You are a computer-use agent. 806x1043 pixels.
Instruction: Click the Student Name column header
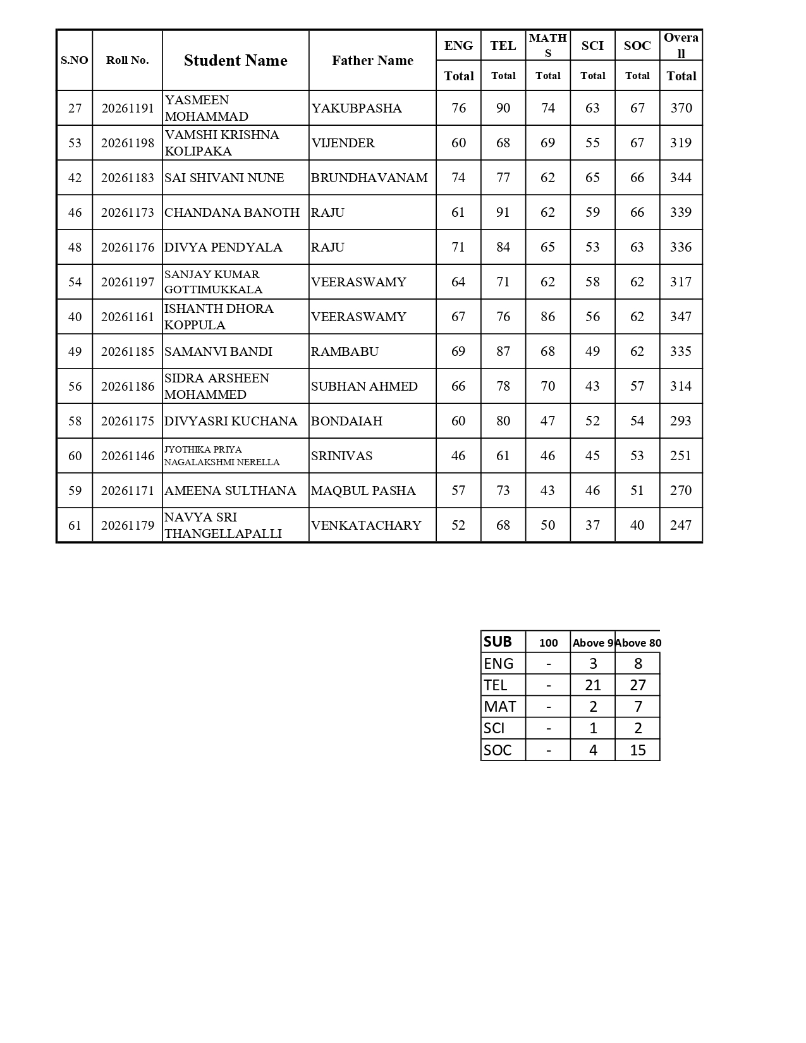click(x=235, y=61)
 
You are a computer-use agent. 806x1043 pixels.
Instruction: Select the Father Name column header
click(x=372, y=61)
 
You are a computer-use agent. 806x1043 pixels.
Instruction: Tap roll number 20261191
click(x=128, y=108)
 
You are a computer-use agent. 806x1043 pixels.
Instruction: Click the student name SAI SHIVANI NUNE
click(x=224, y=178)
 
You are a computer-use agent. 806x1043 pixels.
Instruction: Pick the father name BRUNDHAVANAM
click(x=369, y=178)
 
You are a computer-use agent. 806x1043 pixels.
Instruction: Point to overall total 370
click(x=681, y=108)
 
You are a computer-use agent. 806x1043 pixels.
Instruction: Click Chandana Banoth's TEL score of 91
click(x=503, y=212)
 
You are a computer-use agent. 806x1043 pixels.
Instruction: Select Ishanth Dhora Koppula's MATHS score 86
click(x=547, y=317)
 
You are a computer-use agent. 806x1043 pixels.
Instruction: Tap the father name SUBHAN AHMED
click(x=364, y=386)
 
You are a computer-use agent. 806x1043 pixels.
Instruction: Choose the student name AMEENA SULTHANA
click(x=230, y=491)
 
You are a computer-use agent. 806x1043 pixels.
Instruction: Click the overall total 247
click(x=681, y=525)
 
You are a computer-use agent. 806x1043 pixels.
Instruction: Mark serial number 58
click(x=75, y=421)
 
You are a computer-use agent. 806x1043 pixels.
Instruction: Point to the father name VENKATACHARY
click(x=366, y=525)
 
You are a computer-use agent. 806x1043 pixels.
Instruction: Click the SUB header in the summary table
click(x=498, y=642)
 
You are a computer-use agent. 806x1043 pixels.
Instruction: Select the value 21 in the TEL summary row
click(x=592, y=685)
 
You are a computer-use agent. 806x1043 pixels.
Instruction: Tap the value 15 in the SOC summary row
click(x=638, y=750)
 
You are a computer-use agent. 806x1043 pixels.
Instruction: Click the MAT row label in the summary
click(x=499, y=707)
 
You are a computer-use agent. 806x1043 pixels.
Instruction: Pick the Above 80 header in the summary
click(x=638, y=643)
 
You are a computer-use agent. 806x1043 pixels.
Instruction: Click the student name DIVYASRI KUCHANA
click(x=231, y=421)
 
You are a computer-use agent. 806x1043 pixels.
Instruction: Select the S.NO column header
click(x=75, y=61)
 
